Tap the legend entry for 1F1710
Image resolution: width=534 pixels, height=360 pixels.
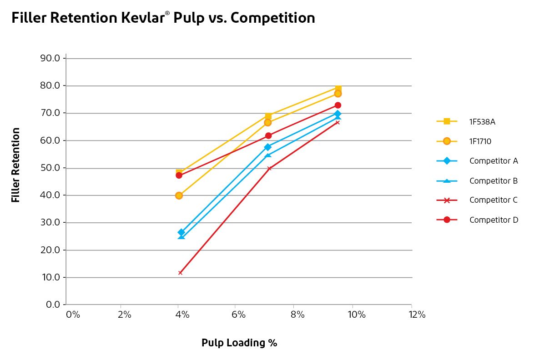point(480,141)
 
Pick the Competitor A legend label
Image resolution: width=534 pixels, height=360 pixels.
point(494,161)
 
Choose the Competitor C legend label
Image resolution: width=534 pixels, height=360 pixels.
point(494,200)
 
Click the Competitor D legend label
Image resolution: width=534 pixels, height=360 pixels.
point(494,220)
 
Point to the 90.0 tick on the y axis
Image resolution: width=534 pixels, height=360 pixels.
point(50,58)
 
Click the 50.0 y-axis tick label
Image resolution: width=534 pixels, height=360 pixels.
point(50,168)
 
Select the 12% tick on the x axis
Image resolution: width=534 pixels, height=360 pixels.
point(417,315)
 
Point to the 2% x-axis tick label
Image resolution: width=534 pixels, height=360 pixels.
point(124,315)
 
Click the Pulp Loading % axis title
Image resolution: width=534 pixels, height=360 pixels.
point(239,343)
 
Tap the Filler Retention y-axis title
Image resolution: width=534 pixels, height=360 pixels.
point(16,165)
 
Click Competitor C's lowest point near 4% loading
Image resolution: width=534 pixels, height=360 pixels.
point(181,273)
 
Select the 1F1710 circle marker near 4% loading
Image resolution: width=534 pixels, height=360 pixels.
point(179,195)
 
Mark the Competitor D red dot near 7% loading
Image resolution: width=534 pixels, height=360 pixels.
point(268,135)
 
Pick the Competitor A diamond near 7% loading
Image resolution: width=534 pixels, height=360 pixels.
point(267,147)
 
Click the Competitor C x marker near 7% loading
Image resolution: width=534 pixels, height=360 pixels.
point(269,168)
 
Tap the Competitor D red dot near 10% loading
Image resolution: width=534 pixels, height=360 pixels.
point(338,105)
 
